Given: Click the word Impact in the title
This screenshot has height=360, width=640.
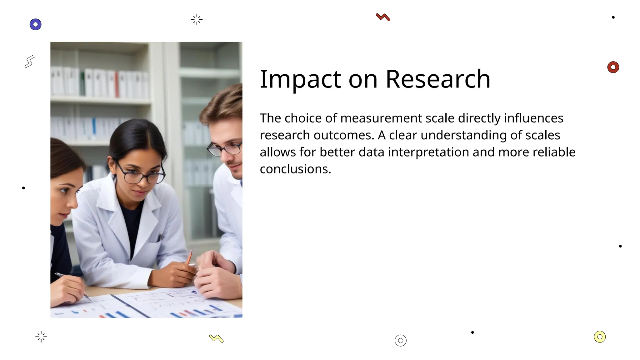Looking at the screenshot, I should (300, 80).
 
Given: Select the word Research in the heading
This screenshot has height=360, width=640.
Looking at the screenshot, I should (438, 79).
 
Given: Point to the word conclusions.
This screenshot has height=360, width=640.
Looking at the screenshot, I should (295, 169).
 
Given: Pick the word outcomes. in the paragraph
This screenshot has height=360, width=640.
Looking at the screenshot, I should (343, 135).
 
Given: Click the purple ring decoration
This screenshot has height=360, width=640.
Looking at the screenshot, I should (36, 24).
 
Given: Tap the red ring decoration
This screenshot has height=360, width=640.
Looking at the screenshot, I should (613, 67).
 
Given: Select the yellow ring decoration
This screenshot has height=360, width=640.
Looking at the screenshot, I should (599, 337).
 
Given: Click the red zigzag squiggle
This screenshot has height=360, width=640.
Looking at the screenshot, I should (383, 17).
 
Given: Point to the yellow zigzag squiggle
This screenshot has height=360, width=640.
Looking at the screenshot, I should (216, 338).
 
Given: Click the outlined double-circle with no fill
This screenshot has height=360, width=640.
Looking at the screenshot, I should (400, 340).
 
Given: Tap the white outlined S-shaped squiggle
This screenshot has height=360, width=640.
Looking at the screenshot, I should (30, 61).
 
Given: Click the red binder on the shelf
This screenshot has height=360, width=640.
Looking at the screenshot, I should (117, 84).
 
